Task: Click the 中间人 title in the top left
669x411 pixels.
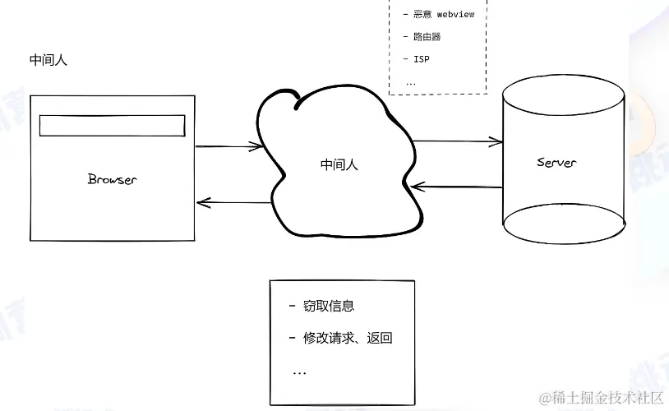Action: click(48, 60)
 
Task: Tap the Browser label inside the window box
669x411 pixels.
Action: click(112, 179)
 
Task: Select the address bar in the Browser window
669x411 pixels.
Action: click(113, 125)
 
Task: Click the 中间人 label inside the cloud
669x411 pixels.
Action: click(339, 164)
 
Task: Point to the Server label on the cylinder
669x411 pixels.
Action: click(556, 162)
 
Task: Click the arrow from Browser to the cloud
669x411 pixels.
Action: click(228, 147)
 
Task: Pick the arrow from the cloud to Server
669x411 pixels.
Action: click(457, 142)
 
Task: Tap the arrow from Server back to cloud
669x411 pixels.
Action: click(457, 187)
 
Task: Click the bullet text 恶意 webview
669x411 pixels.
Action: click(444, 14)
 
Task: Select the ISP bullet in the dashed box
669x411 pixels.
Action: click(421, 59)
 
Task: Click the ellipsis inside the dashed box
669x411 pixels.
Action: click(411, 82)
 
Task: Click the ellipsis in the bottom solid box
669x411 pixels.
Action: click(299, 372)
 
